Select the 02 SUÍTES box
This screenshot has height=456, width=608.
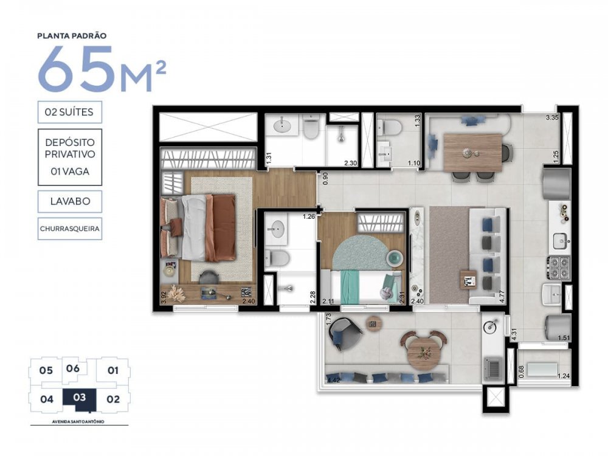(x=69, y=112)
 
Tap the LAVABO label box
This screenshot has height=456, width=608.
(x=69, y=201)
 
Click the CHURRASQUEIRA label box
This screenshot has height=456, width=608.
(x=69, y=229)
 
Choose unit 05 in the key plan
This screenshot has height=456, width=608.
(x=46, y=370)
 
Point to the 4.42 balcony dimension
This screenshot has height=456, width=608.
(x=333, y=381)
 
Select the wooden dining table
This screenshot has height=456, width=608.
(x=472, y=152)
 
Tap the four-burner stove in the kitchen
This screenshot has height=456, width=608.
(x=559, y=264)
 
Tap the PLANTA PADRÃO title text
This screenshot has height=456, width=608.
(x=72, y=36)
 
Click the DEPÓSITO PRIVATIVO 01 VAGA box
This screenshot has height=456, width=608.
(x=69, y=157)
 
